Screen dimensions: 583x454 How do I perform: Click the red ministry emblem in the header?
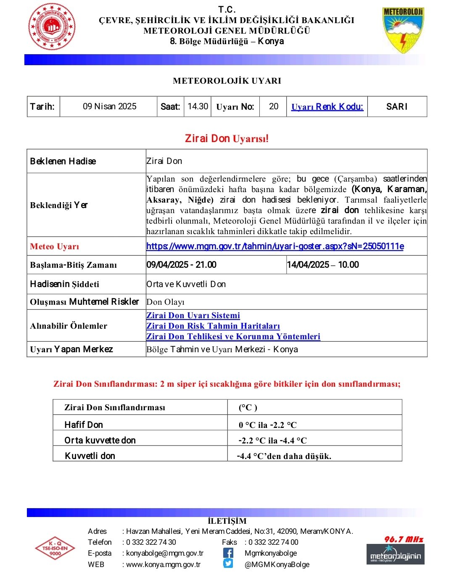tap(52, 27)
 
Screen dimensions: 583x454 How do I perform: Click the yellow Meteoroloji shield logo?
tap(403, 29)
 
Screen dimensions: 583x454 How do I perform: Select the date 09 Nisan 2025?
tap(109, 106)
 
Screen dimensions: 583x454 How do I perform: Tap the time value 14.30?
tap(198, 106)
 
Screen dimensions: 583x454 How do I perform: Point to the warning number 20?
tap(274, 106)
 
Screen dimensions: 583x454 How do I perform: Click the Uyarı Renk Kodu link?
tap(327, 107)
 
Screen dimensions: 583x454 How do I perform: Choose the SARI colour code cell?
tap(397, 107)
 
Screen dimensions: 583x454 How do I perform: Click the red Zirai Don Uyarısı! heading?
tap(227, 138)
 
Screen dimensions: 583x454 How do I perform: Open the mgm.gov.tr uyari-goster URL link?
tap(275, 246)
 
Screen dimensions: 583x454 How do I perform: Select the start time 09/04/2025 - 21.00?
tap(182, 265)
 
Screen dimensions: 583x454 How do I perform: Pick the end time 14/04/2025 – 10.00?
tap(323, 265)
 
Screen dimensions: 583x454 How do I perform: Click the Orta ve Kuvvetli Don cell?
tap(186, 284)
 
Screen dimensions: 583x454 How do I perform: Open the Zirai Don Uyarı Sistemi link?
tap(193, 315)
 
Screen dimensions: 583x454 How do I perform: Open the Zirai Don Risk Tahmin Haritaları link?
tap(213, 326)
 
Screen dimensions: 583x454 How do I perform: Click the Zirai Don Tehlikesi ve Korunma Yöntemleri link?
tap(233, 336)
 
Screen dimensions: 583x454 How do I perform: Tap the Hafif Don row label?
tap(84, 425)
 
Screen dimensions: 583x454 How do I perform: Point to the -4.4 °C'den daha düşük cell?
tap(284, 456)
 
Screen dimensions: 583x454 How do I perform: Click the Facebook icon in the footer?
tap(228, 553)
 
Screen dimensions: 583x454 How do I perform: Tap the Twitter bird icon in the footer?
tap(228, 564)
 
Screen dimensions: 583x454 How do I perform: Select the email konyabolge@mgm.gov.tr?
tap(165, 553)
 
